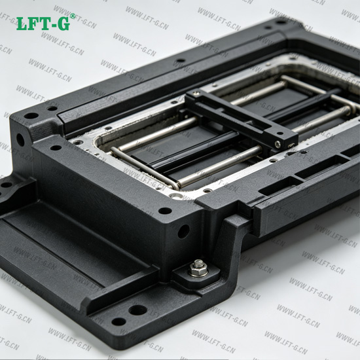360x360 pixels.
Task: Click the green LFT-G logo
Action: (43, 23)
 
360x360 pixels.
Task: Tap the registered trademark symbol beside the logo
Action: (73, 16)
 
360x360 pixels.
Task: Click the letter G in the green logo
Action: (63, 23)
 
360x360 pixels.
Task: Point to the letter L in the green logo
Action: (22, 23)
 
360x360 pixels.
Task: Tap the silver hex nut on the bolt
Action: (198, 268)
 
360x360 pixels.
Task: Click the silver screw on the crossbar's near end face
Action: (278, 144)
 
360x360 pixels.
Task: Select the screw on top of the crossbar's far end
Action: (196, 92)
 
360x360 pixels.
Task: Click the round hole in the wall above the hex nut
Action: (183, 231)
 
